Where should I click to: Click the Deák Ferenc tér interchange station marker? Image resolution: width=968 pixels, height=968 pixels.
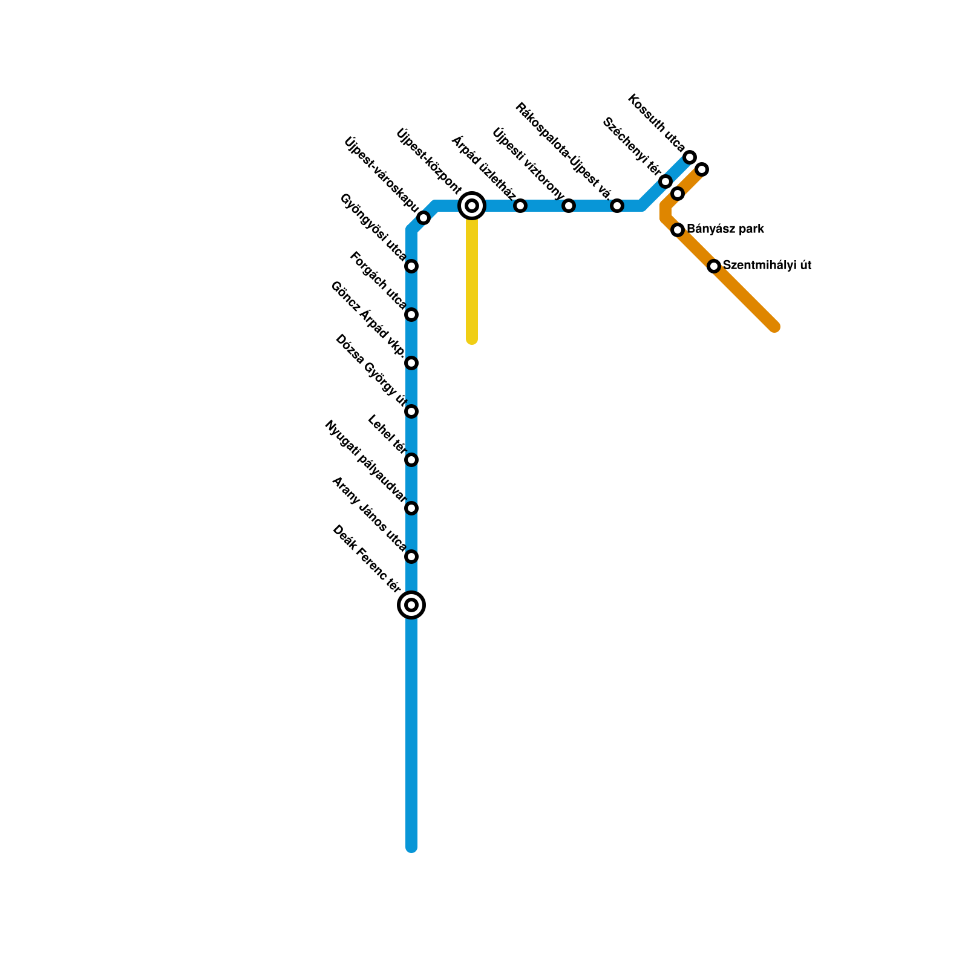411,604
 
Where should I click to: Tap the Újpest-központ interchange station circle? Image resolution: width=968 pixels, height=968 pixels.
472,206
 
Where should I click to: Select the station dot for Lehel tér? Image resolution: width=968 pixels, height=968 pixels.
411,460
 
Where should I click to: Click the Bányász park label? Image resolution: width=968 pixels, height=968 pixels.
725,229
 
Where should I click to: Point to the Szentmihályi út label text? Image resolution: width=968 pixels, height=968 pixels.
767,265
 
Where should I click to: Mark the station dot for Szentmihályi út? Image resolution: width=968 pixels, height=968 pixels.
714,266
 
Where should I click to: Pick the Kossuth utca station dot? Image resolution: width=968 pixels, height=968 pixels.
690,157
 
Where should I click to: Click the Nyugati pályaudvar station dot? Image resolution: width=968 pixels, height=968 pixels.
411,508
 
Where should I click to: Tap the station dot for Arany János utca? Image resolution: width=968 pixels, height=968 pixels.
411,557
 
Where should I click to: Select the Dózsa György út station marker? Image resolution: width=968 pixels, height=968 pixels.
411,411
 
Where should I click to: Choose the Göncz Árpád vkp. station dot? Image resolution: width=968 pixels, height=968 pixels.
411,363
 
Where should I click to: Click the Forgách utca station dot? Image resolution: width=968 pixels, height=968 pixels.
411,315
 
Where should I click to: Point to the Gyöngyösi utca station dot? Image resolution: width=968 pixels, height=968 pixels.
411,266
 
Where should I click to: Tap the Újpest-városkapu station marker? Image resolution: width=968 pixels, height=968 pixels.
423,218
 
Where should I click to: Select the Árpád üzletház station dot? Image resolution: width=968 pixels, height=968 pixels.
520,206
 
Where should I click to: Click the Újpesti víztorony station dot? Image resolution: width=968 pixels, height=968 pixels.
569,206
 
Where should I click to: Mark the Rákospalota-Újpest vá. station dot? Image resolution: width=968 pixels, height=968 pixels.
617,206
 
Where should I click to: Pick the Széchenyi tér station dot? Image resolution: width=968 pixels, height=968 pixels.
665,181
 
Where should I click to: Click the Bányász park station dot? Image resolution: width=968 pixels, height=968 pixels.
678,230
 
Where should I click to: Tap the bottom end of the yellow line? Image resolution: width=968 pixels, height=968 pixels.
472,340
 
